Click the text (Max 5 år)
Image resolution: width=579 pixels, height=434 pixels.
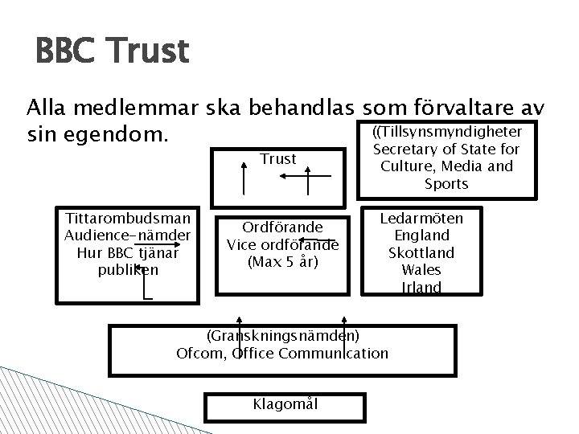point(282,263)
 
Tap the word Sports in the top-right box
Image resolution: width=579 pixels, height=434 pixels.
point(446,185)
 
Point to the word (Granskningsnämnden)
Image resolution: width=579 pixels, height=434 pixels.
point(282,335)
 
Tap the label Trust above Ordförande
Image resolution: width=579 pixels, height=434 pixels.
point(278,159)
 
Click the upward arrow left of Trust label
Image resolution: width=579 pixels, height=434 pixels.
point(245,176)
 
